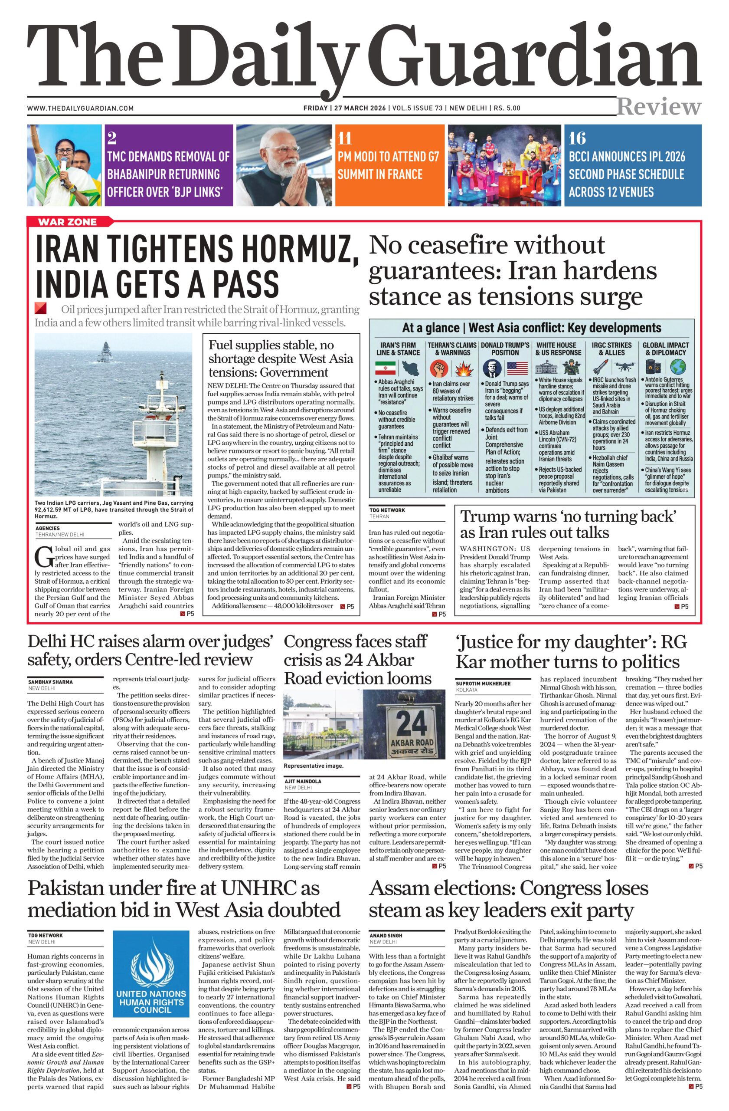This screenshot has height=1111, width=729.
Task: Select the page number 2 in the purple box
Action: pyautogui.click(x=111, y=138)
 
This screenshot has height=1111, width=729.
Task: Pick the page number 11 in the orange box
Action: pyautogui.click(x=345, y=138)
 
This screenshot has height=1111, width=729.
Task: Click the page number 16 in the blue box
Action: pyautogui.click(x=577, y=138)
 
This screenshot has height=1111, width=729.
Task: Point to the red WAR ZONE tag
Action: pyautogui.click(x=68, y=222)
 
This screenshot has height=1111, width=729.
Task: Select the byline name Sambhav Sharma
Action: pyautogui.click(x=50, y=682)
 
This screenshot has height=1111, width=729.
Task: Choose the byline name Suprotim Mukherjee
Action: pyautogui.click(x=483, y=684)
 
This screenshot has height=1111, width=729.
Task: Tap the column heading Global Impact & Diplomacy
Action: pyautogui.click(x=666, y=348)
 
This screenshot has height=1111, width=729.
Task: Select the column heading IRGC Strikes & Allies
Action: pyautogui.click(x=611, y=348)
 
